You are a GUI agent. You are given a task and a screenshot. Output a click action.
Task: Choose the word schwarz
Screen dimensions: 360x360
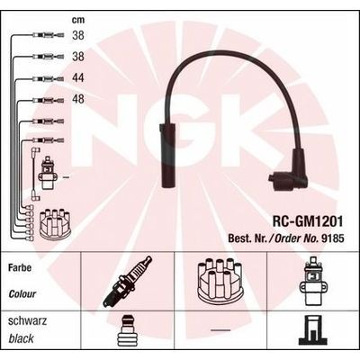26,321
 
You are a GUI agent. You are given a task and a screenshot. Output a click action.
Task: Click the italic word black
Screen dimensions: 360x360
22,337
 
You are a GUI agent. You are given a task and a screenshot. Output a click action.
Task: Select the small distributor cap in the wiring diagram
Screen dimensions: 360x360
39,217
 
